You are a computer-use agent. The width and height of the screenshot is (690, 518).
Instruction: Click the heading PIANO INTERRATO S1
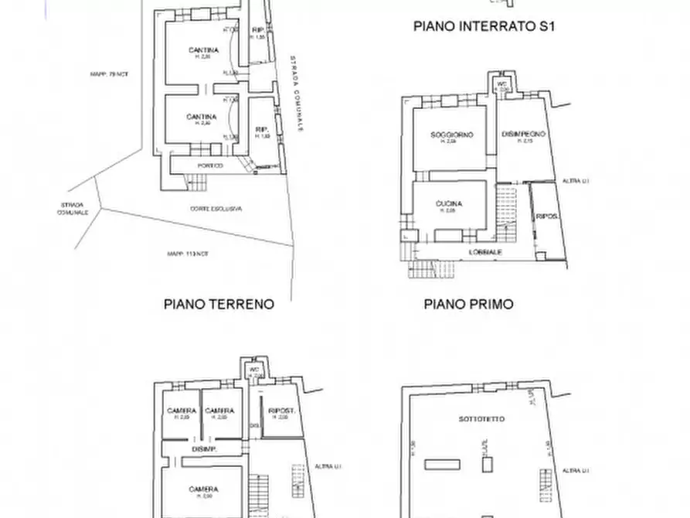(485, 26)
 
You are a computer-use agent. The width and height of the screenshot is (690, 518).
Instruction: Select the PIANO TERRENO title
(219, 304)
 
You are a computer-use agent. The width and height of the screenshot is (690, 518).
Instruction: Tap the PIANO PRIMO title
(468, 304)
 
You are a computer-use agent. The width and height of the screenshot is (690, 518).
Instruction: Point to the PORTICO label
(210, 165)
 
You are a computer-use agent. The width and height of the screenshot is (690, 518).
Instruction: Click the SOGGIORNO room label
(451, 135)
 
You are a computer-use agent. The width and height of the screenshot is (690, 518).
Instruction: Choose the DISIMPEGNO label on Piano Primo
(524, 135)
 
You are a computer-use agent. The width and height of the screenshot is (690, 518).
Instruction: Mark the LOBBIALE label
(486, 252)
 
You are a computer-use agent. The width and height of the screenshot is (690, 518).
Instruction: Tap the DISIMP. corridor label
(203, 448)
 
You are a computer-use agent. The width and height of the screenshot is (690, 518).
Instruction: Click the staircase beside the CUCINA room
(507, 213)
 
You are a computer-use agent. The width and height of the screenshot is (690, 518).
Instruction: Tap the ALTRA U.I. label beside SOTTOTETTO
(576, 469)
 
